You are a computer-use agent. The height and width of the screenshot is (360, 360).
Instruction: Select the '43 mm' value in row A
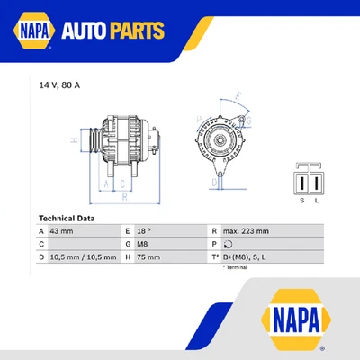[62, 231]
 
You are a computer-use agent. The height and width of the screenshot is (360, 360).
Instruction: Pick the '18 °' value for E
[146, 231]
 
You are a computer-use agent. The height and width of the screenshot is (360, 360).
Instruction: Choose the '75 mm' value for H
[148, 256]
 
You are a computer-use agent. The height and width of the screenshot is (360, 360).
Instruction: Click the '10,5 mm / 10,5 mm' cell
[83, 256]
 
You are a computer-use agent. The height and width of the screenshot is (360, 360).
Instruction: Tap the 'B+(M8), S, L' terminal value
[245, 256]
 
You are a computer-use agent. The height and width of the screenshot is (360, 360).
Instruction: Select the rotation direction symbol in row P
[228, 244]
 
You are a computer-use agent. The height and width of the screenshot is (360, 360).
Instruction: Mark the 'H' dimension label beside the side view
[74, 140]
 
